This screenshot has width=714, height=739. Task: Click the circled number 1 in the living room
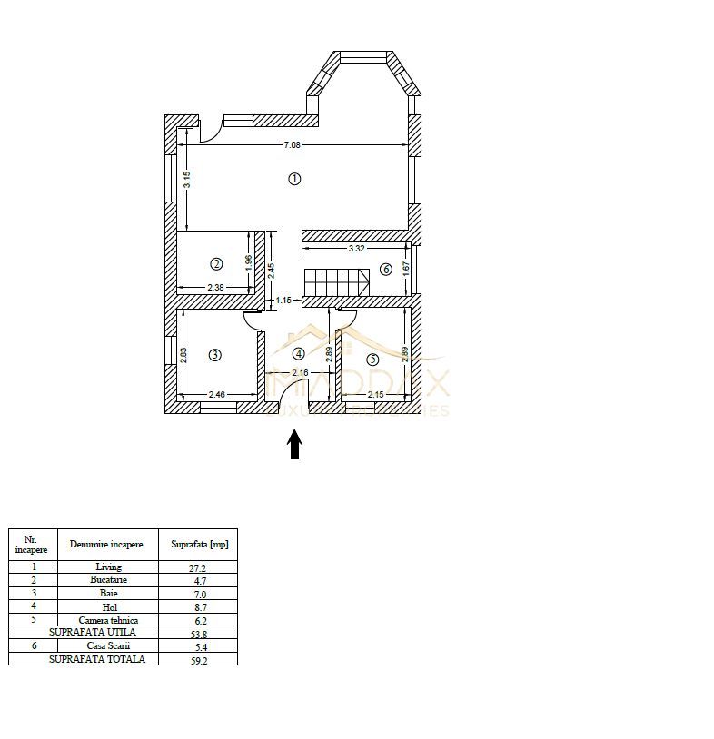293,179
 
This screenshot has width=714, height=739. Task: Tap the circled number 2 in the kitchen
216,264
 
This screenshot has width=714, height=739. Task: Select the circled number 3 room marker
215,355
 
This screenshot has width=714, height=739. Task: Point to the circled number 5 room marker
372,360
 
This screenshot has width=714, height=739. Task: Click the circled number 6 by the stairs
386,269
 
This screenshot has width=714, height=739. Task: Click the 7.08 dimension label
292,144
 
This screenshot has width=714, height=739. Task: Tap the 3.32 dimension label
356,248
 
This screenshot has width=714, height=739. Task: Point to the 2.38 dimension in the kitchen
215,288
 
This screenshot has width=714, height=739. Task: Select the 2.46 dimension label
217,395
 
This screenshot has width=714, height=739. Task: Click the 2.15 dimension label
376,395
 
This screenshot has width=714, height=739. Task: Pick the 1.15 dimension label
283,300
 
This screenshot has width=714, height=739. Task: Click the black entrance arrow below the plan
294,445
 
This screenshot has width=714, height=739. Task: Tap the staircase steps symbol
336,281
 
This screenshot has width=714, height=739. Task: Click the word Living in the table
108,567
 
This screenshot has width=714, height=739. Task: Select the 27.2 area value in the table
199,567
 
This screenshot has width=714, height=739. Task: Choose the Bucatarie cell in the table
108,580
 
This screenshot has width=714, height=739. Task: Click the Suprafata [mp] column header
199,545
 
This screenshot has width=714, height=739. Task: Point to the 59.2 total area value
199,660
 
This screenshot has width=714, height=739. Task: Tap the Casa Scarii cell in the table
108,645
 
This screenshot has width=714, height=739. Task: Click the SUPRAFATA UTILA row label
93,632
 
